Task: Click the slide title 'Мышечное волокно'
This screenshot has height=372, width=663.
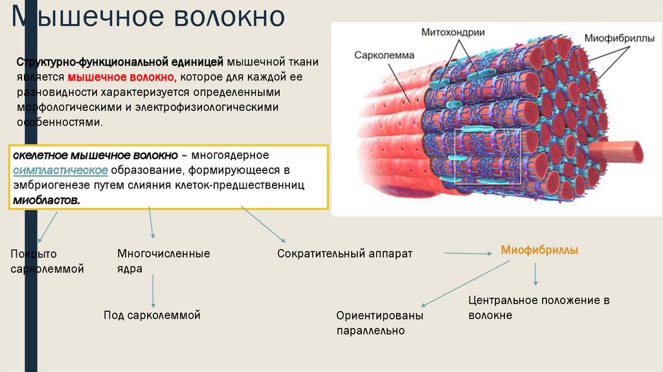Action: coord(149,17)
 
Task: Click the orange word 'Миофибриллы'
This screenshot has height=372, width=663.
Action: coord(539,250)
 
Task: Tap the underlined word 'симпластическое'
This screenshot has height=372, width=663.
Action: coord(60,170)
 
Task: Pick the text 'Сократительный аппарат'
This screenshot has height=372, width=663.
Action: coord(344,253)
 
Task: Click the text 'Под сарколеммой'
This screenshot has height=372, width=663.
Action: coord(152,315)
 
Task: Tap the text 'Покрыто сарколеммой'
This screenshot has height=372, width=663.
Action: coord(47,261)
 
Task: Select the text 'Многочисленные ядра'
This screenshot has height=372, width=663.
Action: coord(163,261)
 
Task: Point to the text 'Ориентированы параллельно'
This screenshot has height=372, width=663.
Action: coord(379,323)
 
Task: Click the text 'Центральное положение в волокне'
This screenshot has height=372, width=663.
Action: coord(539,308)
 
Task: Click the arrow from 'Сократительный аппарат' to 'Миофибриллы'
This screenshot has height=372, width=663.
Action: coord(469,254)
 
